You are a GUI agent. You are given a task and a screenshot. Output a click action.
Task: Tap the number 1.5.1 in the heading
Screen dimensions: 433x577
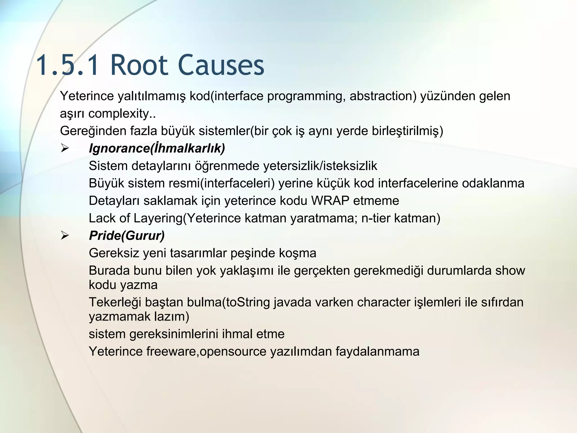(x=68, y=65)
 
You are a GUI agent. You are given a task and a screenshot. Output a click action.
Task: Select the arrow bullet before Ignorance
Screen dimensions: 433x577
(x=65, y=148)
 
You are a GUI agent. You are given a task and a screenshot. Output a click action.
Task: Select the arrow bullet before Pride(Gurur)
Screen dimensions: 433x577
(x=65, y=236)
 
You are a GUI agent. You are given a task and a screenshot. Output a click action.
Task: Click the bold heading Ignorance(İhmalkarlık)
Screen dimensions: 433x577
(x=157, y=148)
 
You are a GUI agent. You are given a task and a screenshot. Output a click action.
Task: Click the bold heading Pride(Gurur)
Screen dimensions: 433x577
(x=127, y=236)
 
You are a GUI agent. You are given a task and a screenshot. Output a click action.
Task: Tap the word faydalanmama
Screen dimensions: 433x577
(x=377, y=352)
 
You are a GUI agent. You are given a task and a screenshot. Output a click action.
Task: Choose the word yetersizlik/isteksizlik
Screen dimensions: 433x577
(x=320, y=166)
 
